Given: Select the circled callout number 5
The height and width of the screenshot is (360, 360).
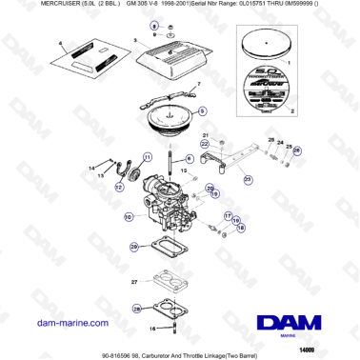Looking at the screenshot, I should pos(201,111).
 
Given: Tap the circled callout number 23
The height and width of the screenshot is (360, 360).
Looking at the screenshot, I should pos(249,178).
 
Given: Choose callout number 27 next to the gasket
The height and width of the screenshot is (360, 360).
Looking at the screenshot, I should pos(134,281).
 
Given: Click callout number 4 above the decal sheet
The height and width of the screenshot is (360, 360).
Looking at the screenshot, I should pos(59,44).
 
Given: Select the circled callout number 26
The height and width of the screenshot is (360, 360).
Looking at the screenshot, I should pos(295,150).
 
